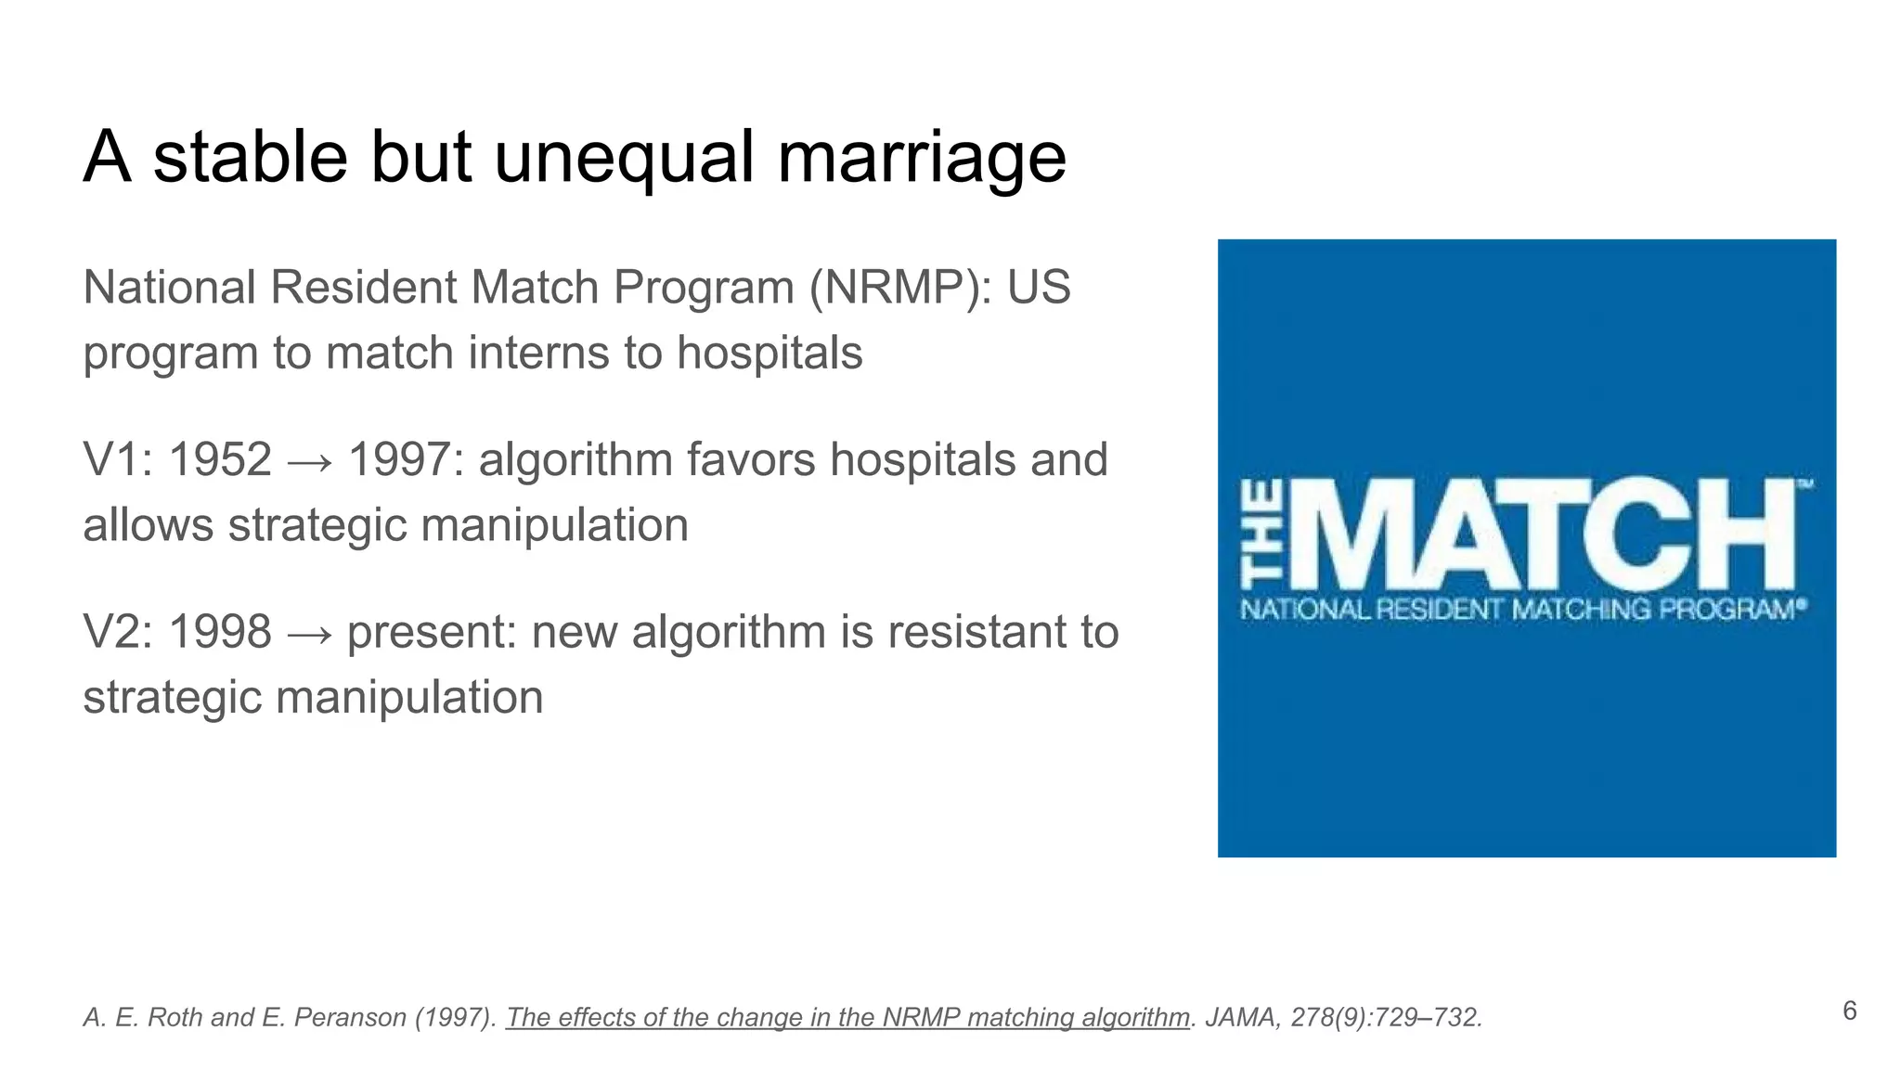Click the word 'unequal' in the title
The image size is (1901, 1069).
click(x=625, y=157)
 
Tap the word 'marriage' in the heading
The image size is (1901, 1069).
click(x=921, y=157)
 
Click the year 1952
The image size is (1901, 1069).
click(x=220, y=460)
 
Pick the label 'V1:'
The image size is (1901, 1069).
click(x=119, y=460)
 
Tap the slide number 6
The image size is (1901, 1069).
click(x=1849, y=1011)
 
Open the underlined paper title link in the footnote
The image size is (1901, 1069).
click(x=847, y=1018)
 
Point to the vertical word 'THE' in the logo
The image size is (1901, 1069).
click(x=1263, y=534)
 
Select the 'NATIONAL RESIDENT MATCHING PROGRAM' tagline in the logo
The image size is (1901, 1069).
click(x=1522, y=610)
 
